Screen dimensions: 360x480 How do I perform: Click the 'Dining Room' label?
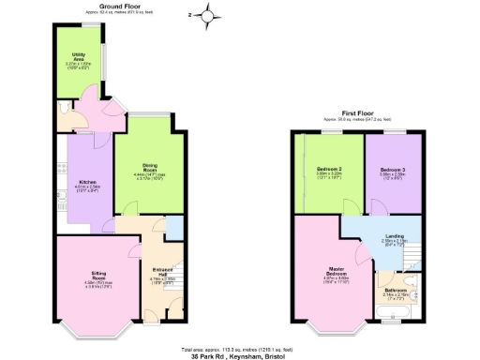click(149, 170)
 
